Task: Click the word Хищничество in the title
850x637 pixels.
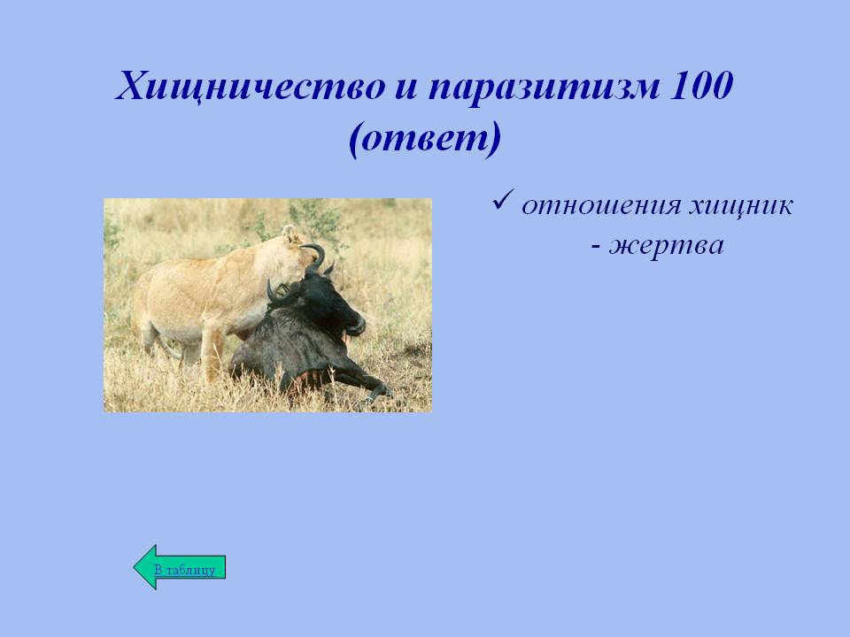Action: (251, 87)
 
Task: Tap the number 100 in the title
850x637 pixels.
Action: (701, 85)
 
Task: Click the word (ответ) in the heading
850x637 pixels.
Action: (424, 140)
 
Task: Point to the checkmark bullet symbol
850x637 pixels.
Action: (503, 201)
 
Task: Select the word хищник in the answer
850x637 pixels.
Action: (740, 207)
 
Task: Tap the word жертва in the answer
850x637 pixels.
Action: (666, 246)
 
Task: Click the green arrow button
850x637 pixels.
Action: (180, 567)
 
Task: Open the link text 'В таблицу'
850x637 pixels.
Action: (185, 570)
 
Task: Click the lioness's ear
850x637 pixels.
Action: (290, 234)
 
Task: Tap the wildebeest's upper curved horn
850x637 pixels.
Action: (316, 256)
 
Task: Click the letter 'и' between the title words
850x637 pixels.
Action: (406, 89)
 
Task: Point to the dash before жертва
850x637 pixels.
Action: (596, 249)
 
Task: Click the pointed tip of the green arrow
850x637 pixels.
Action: (134, 567)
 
